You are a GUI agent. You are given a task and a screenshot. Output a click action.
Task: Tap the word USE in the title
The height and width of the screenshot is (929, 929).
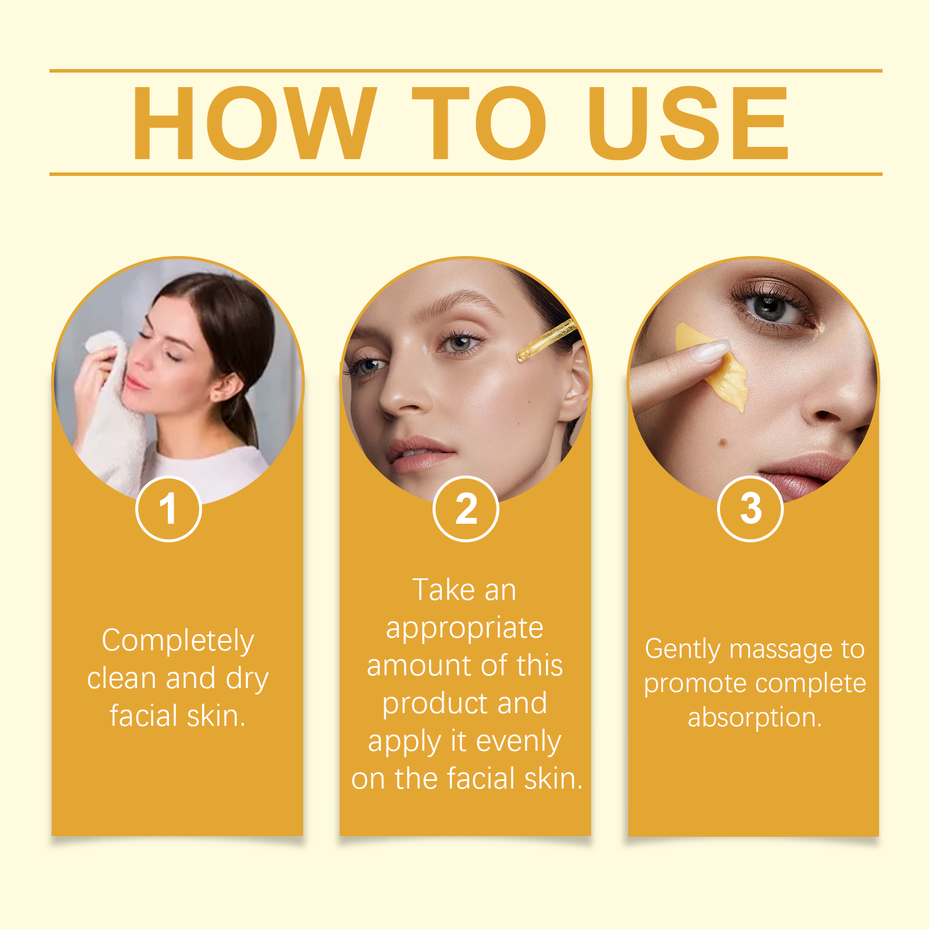(x=689, y=123)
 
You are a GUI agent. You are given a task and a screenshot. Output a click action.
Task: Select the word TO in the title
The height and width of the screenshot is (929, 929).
(x=480, y=123)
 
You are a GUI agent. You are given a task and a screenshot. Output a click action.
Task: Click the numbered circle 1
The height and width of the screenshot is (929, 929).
(x=168, y=509)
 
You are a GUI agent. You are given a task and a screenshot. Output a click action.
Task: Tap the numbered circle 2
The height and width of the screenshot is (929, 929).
(x=466, y=509)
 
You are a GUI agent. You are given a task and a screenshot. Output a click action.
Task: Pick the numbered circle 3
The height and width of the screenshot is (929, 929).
(x=751, y=509)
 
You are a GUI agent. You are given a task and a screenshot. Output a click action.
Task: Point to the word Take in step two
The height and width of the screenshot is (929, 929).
(x=444, y=590)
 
